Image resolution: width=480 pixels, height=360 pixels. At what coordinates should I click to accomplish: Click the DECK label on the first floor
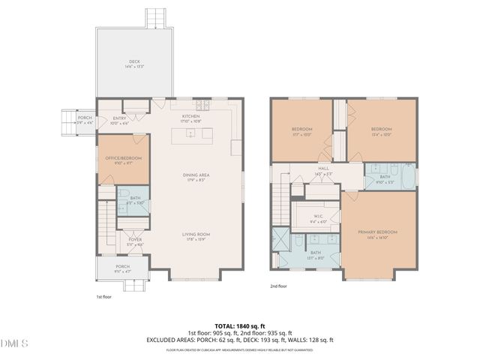pos(134,62)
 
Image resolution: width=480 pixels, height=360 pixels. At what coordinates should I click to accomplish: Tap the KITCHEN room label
pos(191,117)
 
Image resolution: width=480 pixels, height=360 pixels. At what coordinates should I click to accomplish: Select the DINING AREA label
pos(196,175)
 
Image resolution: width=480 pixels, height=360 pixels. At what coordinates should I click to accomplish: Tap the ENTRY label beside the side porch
pos(120,118)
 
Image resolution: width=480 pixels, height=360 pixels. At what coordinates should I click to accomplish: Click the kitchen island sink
pos(191,134)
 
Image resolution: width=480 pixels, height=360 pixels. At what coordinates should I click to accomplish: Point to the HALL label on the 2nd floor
pos(323,169)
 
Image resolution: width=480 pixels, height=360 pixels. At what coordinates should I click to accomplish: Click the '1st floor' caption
pos(104,297)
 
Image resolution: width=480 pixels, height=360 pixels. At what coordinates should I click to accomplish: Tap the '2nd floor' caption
pos(279,286)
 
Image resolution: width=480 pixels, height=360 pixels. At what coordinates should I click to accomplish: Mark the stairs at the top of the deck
pos(156,17)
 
